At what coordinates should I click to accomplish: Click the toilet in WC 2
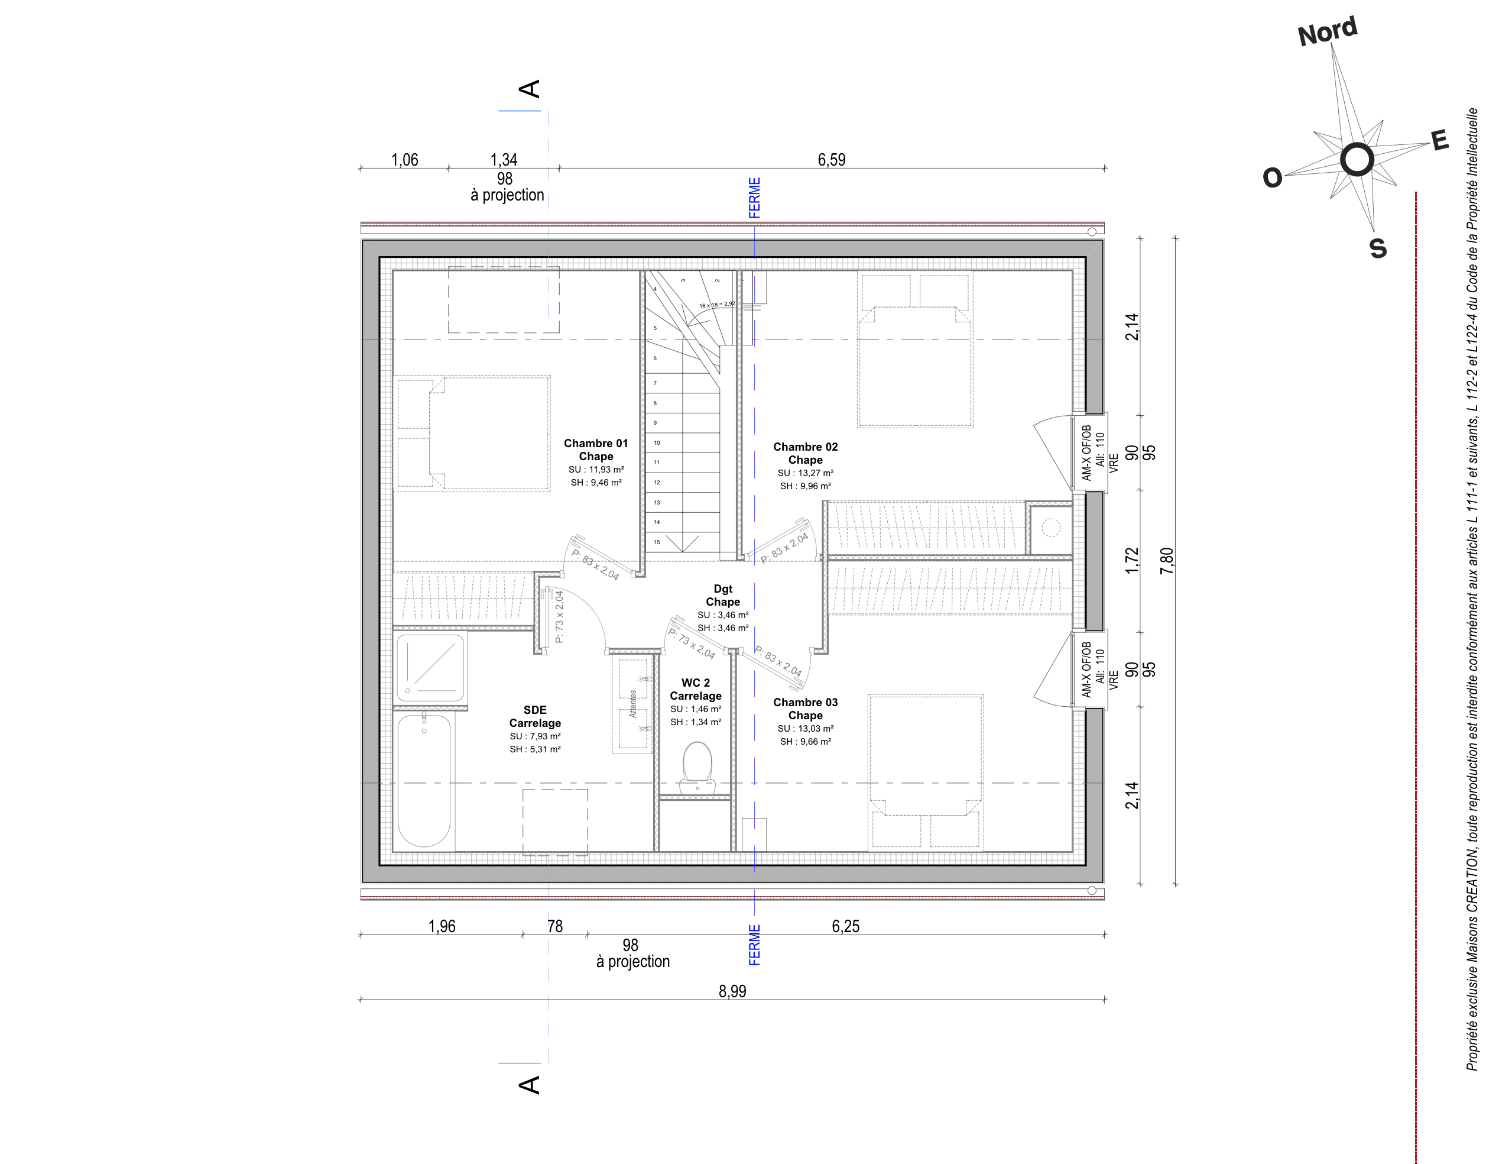click(x=697, y=768)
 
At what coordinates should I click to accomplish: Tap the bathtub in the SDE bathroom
click(x=424, y=780)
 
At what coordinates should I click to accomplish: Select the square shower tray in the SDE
click(x=430, y=667)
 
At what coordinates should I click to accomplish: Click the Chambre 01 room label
click(x=596, y=444)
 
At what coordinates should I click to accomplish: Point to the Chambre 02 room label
click(x=805, y=447)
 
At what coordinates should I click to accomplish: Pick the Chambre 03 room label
click(x=805, y=703)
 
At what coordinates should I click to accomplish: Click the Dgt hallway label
click(x=722, y=589)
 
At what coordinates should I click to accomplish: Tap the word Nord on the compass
click(x=1328, y=32)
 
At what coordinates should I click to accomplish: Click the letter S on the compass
click(x=1378, y=249)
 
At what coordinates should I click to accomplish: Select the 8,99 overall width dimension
click(x=732, y=991)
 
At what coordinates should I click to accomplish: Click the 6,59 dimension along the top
click(x=832, y=160)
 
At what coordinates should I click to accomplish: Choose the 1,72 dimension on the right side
click(x=1131, y=560)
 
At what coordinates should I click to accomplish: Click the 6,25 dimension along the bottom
click(x=845, y=926)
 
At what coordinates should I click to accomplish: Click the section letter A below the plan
click(x=529, y=1085)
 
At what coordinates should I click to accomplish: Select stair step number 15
click(x=657, y=542)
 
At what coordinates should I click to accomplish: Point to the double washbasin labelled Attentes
click(x=632, y=704)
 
